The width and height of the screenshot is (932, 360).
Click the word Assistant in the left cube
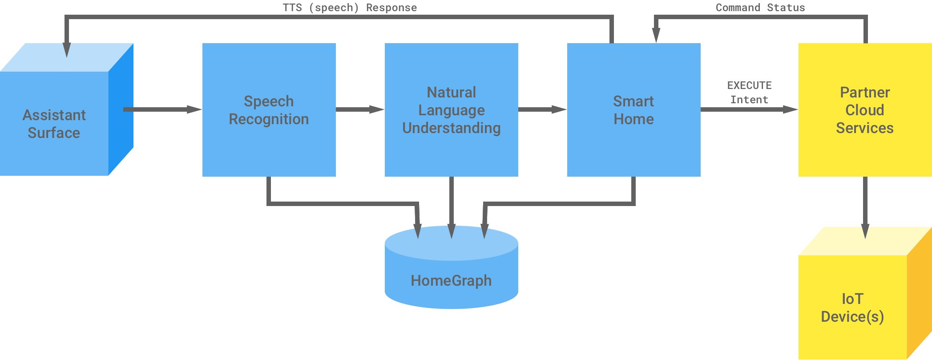54,115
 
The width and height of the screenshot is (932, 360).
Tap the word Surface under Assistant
54,133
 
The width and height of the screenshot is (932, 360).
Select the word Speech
269,101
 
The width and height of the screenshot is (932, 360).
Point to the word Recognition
269,119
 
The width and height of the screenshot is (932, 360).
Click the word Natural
451,93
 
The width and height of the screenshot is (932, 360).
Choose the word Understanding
451,128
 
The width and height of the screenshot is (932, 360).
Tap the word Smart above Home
633,101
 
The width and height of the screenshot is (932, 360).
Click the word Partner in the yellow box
864,93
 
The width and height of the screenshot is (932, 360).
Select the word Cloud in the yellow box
864,110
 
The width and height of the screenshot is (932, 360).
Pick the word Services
864,128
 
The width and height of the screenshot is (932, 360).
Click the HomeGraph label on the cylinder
451,281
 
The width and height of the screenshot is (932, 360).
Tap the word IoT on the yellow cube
852,299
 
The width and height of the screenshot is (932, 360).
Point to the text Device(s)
852,317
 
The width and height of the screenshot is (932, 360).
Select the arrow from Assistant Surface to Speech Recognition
162,109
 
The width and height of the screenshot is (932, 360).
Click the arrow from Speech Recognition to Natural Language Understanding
360,109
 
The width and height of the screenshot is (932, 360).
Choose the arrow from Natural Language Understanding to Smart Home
542,109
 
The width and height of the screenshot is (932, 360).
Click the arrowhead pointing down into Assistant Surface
67,50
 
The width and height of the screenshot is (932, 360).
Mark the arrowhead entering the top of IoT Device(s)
865,231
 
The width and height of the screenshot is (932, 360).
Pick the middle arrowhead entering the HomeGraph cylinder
451,231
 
